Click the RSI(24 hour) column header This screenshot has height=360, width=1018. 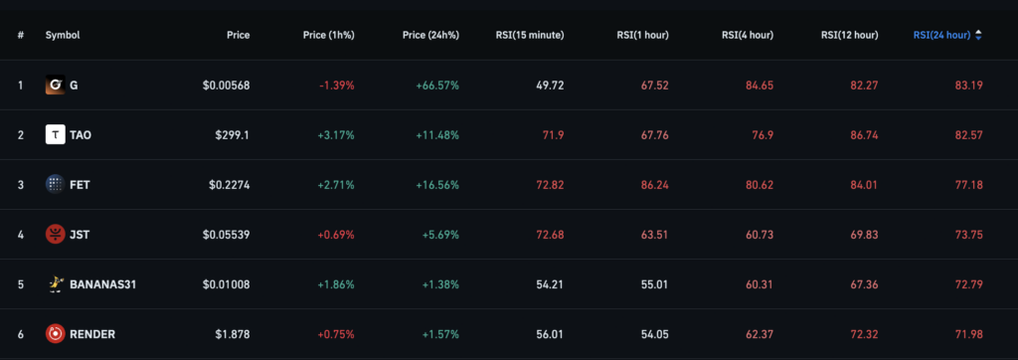point(940,35)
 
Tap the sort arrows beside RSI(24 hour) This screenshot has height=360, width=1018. point(978,35)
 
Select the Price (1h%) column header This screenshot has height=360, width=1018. point(328,35)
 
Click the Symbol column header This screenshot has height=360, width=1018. point(62,35)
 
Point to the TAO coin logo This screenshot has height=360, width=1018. point(56,135)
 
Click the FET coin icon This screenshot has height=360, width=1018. point(56,184)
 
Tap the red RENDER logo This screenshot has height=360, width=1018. point(56,334)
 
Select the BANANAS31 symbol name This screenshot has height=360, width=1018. point(102,284)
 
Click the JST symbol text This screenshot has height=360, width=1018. point(81,235)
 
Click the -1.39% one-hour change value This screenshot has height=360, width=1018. point(336,86)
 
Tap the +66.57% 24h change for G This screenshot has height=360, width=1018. point(436,86)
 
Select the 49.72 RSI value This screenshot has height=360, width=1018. point(550,86)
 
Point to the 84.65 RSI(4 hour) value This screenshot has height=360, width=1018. point(759,86)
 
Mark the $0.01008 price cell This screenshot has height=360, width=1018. point(227,284)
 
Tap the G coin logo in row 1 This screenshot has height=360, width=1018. point(56,86)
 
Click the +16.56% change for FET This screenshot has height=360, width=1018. point(436,185)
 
